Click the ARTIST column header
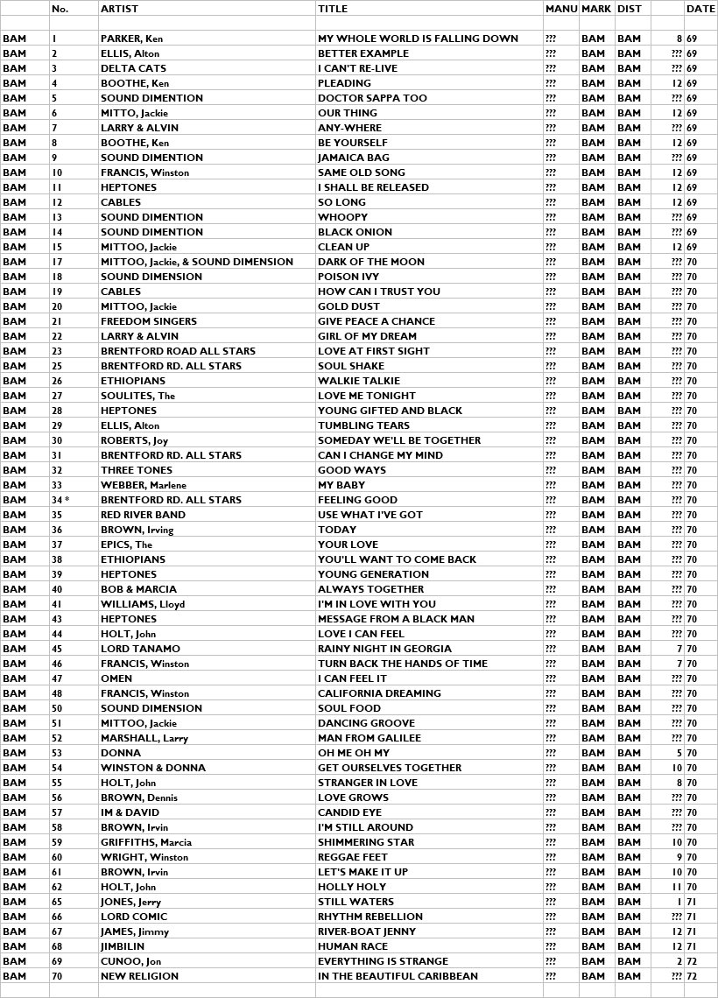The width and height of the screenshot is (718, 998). (x=119, y=9)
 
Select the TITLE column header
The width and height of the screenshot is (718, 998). (x=333, y=9)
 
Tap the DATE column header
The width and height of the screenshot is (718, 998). (x=700, y=9)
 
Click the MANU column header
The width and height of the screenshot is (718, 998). (x=560, y=9)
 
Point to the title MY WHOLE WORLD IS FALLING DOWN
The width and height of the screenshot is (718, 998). (x=418, y=39)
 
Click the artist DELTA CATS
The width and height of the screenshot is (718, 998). (x=128, y=68)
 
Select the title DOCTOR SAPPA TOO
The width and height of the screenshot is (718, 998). (x=372, y=98)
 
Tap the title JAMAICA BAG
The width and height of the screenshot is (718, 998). (x=354, y=158)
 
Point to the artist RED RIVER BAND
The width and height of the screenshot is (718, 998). (x=143, y=515)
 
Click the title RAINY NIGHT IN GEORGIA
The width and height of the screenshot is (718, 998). (x=384, y=649)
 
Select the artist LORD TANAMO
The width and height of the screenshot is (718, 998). (x=140, y=649)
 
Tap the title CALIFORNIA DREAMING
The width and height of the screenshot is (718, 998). (x=379, y=693)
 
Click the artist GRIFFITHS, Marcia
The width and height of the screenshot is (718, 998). (x=146, y=842)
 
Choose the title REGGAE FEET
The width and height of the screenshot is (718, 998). (x=352, y=857)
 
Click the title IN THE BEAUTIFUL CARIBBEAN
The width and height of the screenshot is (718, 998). (x=398, y=976)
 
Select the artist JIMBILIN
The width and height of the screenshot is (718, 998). (x=123, y=946)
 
